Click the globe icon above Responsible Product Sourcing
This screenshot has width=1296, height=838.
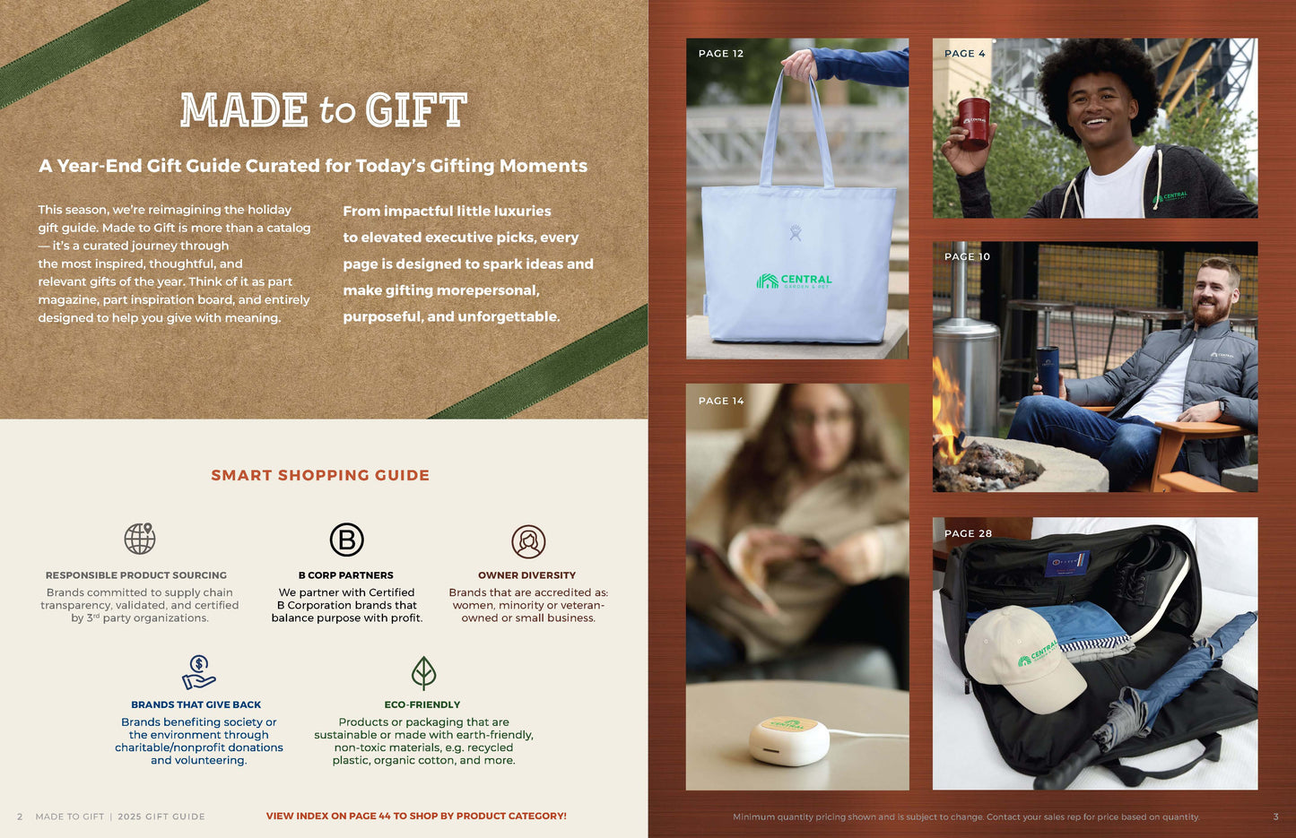[x=140, y=539]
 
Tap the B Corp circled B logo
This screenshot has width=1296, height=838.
[x=346, y=540]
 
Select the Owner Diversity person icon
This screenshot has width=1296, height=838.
[x=528, y=541]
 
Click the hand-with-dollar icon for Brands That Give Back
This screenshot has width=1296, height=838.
[x=198, y=671]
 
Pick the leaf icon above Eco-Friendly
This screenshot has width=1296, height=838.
[x=423, y=672]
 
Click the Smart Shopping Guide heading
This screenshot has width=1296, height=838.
[x=320, y=475]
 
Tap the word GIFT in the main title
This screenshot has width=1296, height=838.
[x=416, y=111]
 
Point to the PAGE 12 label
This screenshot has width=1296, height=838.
[x=720, y=54]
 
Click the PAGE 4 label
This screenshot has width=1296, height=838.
[x=964, y=54]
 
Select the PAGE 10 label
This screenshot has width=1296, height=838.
[x=967, y=256]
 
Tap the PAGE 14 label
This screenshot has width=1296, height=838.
[x=720, y=401]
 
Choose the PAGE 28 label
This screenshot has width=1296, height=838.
[x=968, y=533]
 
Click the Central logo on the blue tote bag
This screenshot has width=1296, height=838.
[x=794, y=281]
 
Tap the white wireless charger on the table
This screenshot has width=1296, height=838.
[x=789, y=738]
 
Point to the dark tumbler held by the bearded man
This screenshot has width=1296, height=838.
[x=1048, y=369]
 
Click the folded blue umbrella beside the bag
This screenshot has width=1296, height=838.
[x=1166, y=681]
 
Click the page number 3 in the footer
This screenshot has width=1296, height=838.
[x=1275, y=816]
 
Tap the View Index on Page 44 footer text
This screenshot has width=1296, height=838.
[x=416, y=816]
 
